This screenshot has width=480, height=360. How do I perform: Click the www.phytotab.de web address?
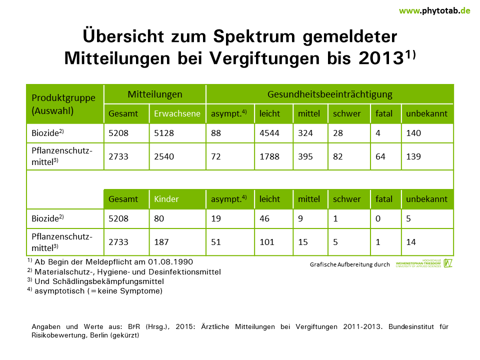[434, 10]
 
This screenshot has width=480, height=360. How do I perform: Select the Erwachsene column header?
[177, 113]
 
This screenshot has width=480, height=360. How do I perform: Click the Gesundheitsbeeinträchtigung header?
[330, 94]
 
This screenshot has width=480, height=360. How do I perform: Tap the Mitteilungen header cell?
[155, 94]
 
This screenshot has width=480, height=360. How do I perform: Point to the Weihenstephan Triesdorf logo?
[424, 263]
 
